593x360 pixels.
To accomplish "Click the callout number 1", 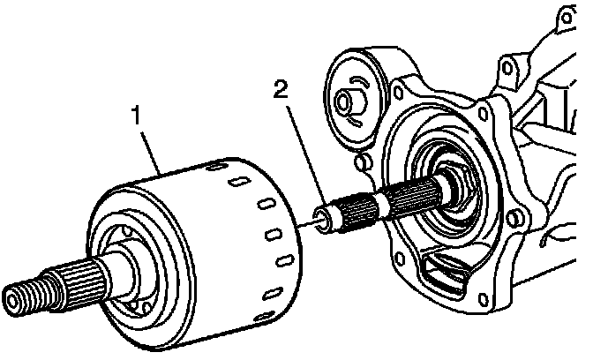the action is tap(136, 116).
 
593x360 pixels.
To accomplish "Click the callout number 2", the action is tap(281, 90).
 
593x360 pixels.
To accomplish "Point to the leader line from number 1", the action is tap(151, 152).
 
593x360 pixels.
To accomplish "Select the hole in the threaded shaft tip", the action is tap(11, 301).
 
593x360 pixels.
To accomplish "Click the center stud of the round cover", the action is tap(349, 101).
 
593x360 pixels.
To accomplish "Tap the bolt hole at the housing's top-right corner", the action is tap(566, 17).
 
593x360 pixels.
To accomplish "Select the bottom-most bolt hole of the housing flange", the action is tap(483, 299).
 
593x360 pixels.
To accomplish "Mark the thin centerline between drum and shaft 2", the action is tap(305, 225).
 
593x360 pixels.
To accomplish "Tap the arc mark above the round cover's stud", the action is tap(360, 82).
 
